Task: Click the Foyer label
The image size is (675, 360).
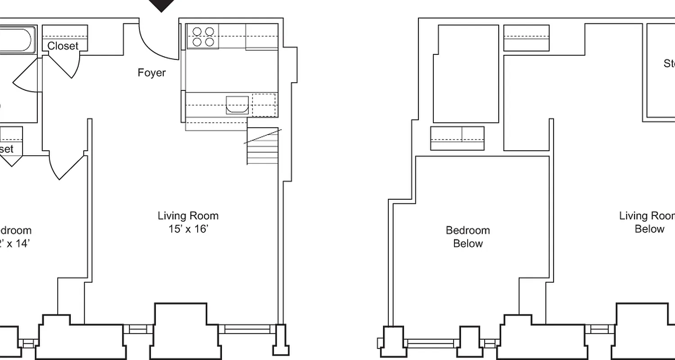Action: tap(152, 73)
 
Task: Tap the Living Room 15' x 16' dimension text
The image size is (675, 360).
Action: tap(188, 229)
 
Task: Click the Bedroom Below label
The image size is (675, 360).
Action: tap(468, 237)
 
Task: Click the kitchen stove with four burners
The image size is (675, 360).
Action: tap(203, 36)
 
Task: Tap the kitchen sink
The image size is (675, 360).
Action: tap(237, 104)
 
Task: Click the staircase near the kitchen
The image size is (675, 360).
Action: tap(262, 146)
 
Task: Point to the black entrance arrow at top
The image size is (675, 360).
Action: tap(162, 5)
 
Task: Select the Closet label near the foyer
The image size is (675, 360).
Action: tap(63, 46)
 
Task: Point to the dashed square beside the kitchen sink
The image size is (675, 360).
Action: tap(264, 104)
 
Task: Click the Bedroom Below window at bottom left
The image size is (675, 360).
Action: tap(430, 343)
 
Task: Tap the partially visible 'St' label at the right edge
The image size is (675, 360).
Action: tap(669, 63)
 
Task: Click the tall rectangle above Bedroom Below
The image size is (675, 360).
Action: tap(466, 74)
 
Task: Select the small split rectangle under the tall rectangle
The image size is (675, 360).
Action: tap(457, 138)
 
